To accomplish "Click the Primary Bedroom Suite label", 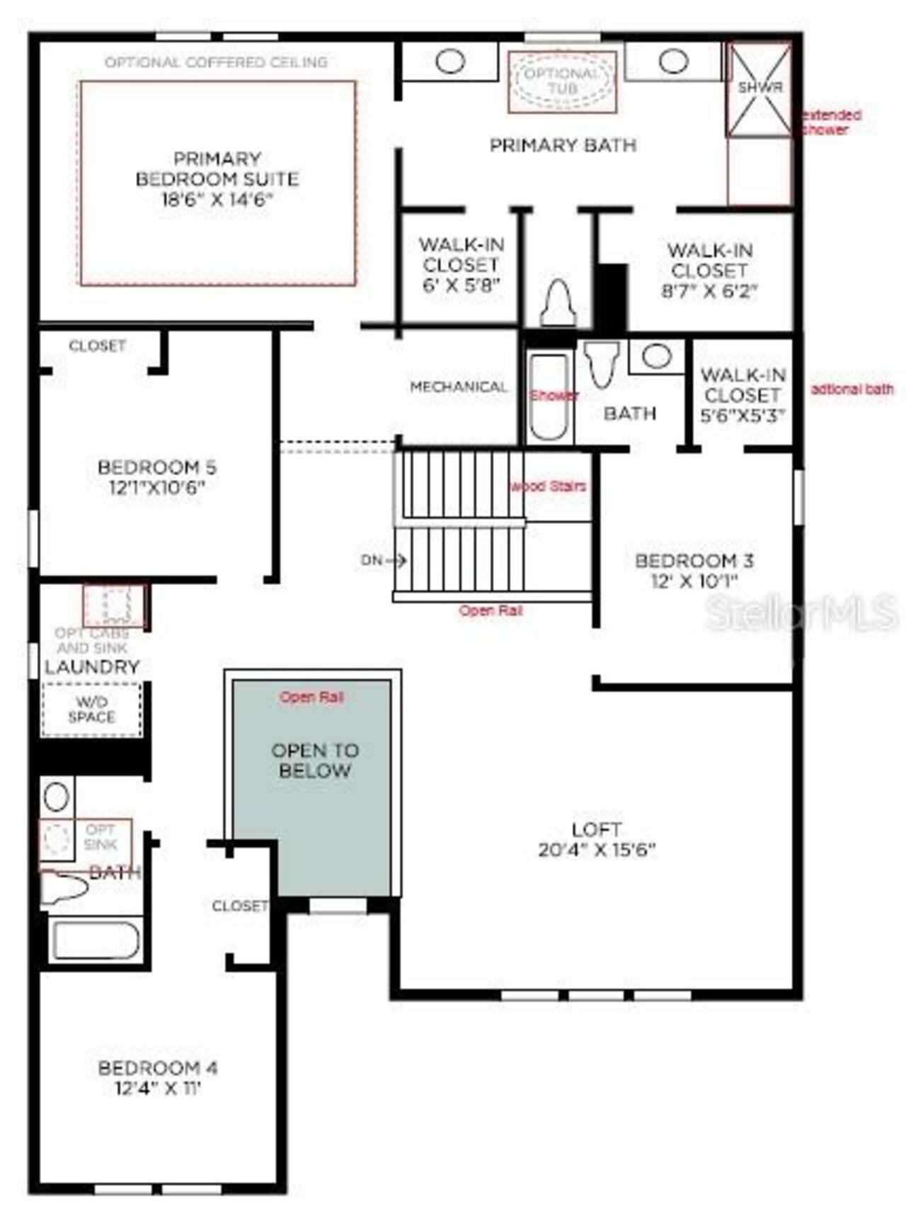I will [217, 178].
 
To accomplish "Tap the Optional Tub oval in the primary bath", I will [562, 81].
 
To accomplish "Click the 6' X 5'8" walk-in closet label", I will [461, 265].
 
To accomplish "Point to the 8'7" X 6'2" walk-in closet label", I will [709, 271].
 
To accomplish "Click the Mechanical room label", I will [459, 387].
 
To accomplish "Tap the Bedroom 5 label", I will [156, 477].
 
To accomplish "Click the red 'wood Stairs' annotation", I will [549, 486].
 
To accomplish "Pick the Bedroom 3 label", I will [694, 570].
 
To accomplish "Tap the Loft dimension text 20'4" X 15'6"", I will [597, 850].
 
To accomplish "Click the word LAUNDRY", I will [92, 666].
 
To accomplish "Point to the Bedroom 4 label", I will [158, 1076].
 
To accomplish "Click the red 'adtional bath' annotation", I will [851, 389].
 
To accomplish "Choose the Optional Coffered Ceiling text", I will [216, 62].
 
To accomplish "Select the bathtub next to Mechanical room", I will [549, 397].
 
